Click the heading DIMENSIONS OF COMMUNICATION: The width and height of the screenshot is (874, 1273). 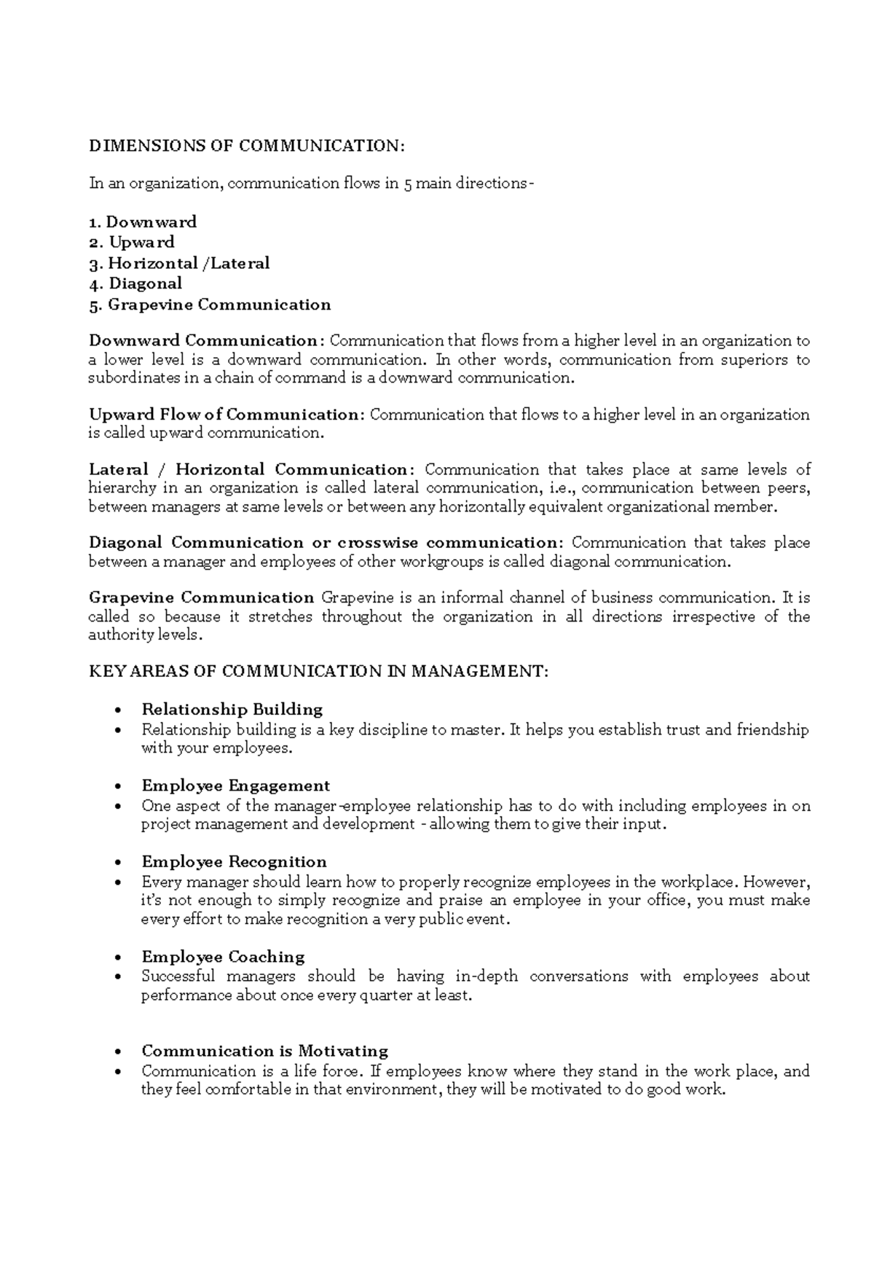[245, 146]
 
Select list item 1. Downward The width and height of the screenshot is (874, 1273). [143, 222]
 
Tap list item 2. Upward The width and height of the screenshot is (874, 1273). [132, 242]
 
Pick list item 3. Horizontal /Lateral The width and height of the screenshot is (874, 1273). [179, 263]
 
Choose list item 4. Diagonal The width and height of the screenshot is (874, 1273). [135, 283]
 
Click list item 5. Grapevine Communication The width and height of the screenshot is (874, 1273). [210, 305]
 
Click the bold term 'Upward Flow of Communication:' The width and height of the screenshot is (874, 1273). [226, 415]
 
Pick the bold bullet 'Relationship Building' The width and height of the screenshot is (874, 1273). [232, 709]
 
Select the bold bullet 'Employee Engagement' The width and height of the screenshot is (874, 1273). [235, 786]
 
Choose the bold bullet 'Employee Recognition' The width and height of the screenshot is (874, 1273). [234, 862]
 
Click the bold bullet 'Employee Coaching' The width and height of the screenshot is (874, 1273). [223, 957]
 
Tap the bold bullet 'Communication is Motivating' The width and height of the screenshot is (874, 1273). [264, 1051]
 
